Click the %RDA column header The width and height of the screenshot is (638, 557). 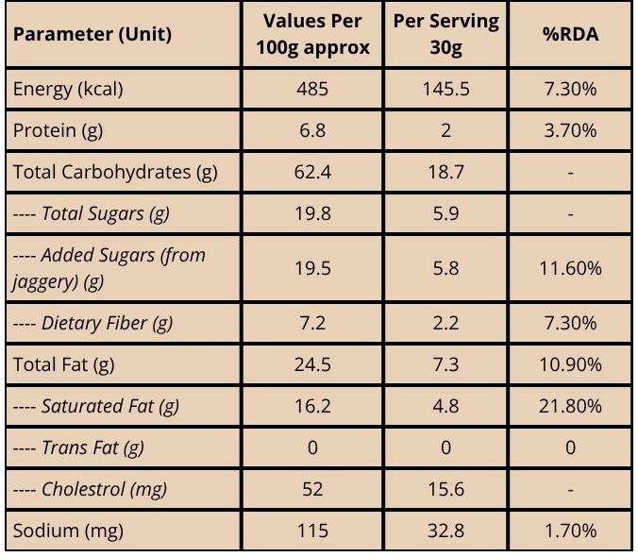click(x=570, y=34)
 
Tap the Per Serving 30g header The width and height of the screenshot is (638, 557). click(x=446, y=34)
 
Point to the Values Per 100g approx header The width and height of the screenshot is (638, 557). click(x=312, y=34)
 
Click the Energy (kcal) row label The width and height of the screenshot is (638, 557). click(x=68, y=89)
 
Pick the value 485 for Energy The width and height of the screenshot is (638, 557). click(x=312, y=89)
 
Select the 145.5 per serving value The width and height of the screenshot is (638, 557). click(x=446, y=89)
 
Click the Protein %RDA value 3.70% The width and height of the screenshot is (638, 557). click(x=570, y=130)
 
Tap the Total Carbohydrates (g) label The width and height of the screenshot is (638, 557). click(x=115, y=172)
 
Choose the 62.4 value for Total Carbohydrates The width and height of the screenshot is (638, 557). click(x=312, y=172)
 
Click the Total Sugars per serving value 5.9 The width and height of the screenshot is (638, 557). click(x=446, y=213)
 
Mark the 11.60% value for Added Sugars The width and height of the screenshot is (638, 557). click(x=570, y=268)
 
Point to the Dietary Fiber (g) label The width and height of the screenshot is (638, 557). click(x=93, y=324)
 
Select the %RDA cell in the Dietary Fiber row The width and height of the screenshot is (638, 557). click(x=570, y=324)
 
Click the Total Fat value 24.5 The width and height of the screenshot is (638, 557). click(x=312, y=364)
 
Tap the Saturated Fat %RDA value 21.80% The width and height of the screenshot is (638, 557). click(x=570, y=406)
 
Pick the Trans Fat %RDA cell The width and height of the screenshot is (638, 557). click(x=570, y=447)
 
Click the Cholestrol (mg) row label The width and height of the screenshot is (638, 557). click(x=90, y=489)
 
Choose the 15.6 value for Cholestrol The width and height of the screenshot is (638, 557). click(x=446, y=489)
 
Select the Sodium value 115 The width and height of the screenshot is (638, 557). click(x=312, y=531)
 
